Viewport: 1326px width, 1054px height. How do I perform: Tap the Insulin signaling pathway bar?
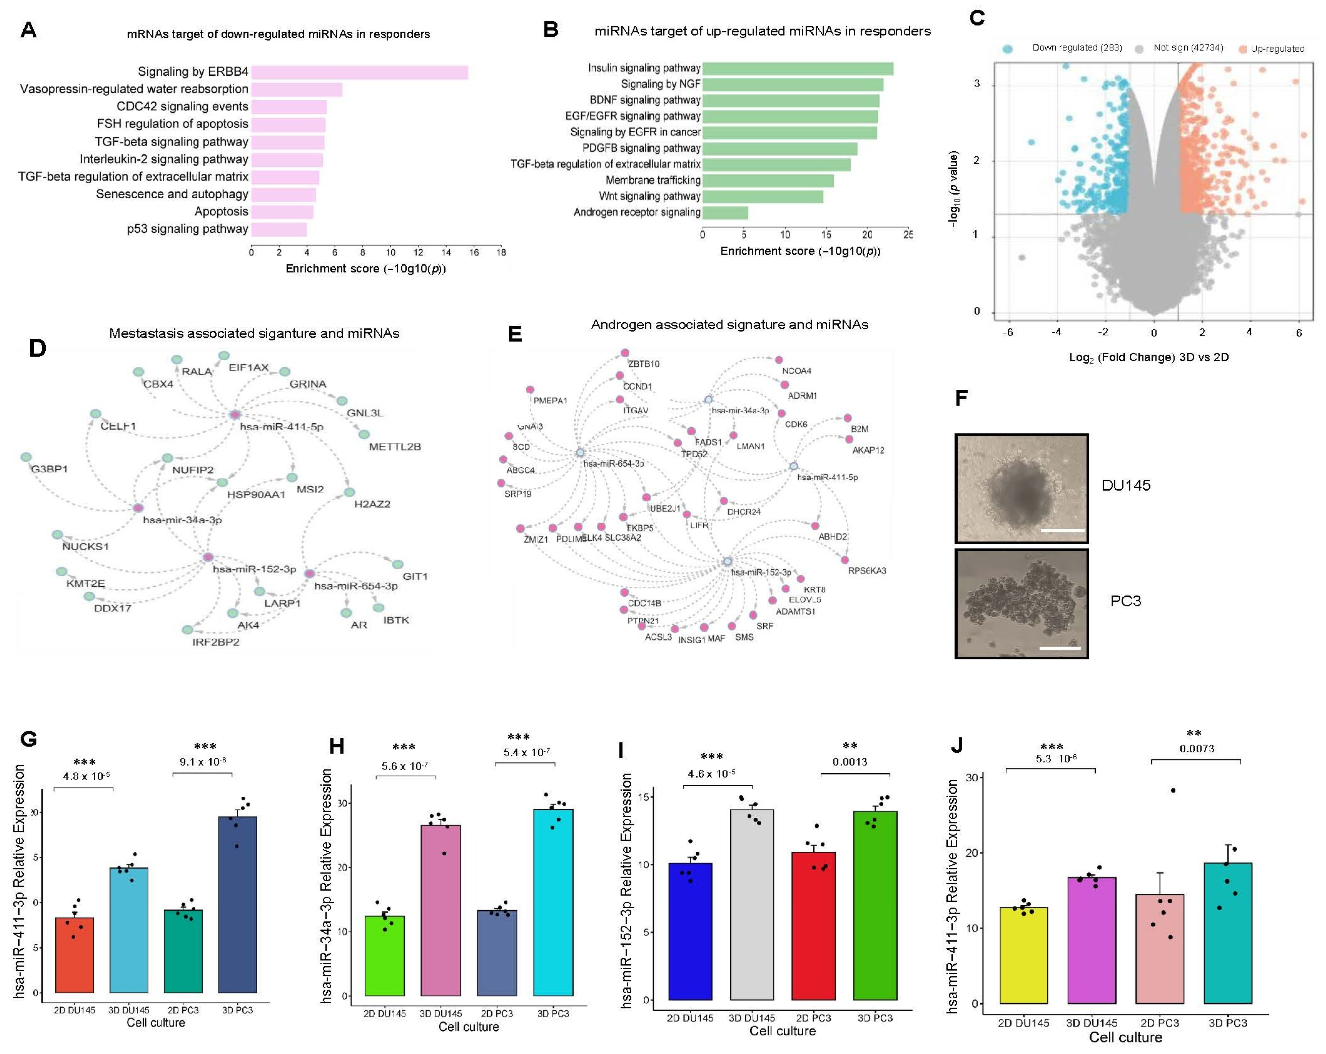pyautogui.click(x=798, y=68)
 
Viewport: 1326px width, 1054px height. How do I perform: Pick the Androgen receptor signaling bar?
pyautogui.click(x=725, y=213)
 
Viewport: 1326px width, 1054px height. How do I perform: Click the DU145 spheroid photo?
pyautogui.click(x=1021, y=488)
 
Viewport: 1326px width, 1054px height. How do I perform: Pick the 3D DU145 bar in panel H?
pyautogui.click(x=440, y=910)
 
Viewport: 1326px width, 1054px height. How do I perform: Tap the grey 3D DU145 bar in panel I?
pyautogui.click(x=752, y=905)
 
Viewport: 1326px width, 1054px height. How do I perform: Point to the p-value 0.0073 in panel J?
pyautogui.click(x=1196, y=749)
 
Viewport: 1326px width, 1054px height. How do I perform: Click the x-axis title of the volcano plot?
pyautogui.click(x=1148, y=357)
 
